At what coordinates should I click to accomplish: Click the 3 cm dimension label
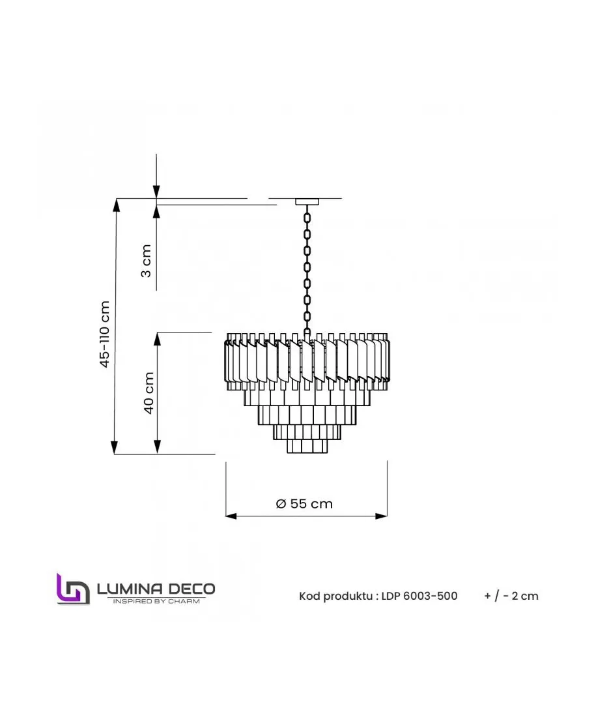(146, 261)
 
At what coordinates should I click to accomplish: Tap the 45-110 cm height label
(105, 334)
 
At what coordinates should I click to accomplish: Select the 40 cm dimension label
(149, 393)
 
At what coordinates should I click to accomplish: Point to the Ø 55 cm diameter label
(304, 503)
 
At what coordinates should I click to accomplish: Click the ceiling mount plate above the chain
(307, 201)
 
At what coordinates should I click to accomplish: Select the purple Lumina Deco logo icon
(73, 589)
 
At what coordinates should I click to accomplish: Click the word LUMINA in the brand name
(130, 589)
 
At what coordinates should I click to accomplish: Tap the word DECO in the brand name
(191, 589)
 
